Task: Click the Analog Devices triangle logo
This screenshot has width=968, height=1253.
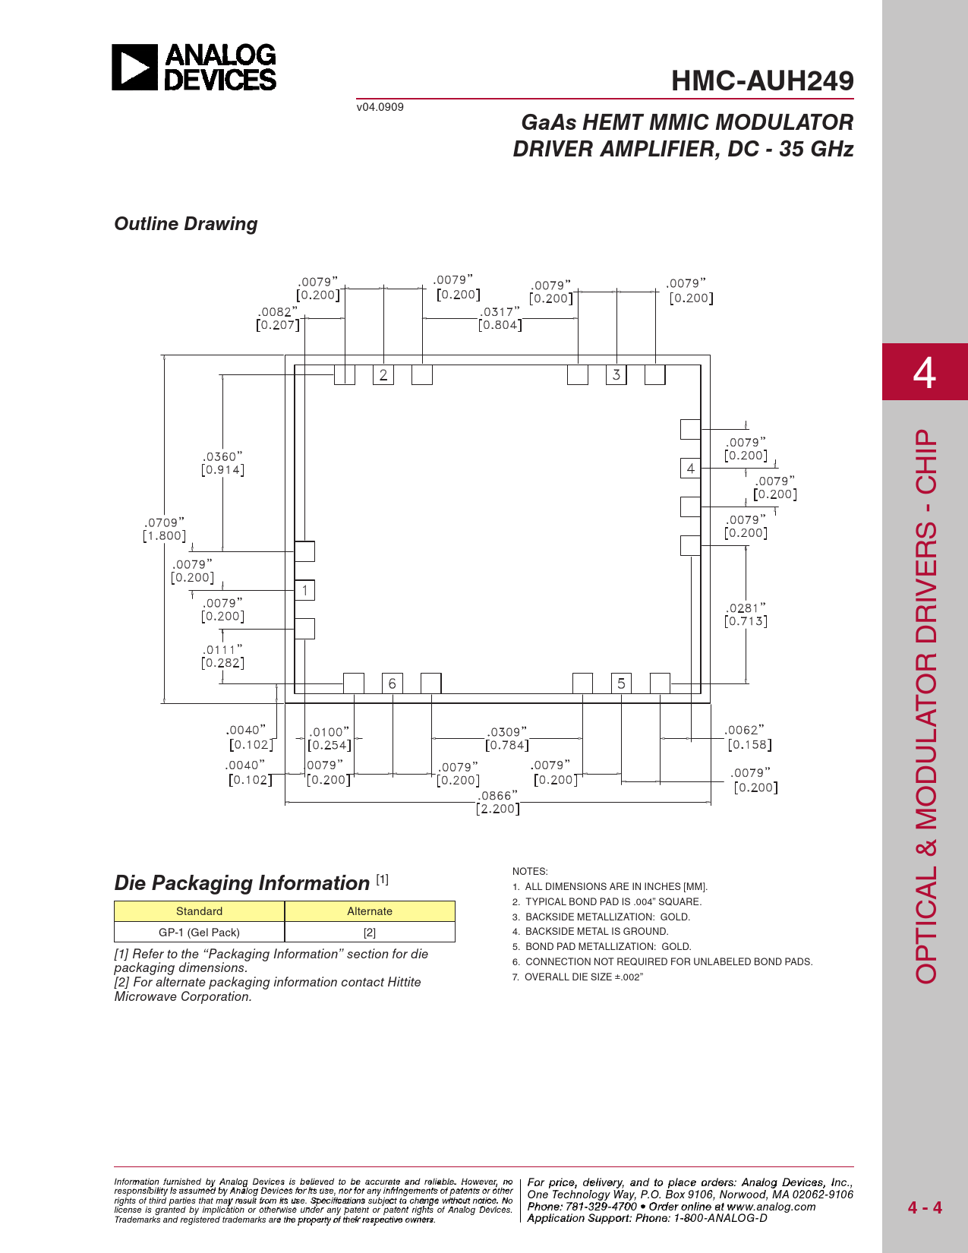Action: coord(134,67)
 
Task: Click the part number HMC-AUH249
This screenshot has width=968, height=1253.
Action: coord(762,80)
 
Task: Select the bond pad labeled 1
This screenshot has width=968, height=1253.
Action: coord(305,590)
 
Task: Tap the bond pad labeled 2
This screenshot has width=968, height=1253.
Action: coord(383,375)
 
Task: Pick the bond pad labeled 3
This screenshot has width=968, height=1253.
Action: coord(616,375)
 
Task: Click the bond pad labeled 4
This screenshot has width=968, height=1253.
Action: coord(691,469)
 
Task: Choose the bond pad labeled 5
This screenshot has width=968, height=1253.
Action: coord(622,683)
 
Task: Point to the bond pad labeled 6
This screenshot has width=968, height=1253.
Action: coord(393,683)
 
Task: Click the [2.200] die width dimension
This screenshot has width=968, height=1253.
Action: coord(497,809)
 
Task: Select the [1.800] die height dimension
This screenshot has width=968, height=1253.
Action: coord(164,535)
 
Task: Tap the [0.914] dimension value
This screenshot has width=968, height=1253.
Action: coord(222,470)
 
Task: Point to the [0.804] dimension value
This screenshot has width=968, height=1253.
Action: coord(500,325)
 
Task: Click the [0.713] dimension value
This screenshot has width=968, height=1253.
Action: coord(746,621)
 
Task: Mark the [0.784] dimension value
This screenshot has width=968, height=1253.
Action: coord(506,745)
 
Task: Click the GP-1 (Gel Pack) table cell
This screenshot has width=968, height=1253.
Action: coord(199,933)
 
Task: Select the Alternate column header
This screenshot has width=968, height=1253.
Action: coord(370,911)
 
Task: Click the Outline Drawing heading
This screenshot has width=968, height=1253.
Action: coord(186,224)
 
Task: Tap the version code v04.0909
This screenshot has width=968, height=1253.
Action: coord(380,107)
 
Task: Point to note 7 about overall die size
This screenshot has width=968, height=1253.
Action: coord(577,977)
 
